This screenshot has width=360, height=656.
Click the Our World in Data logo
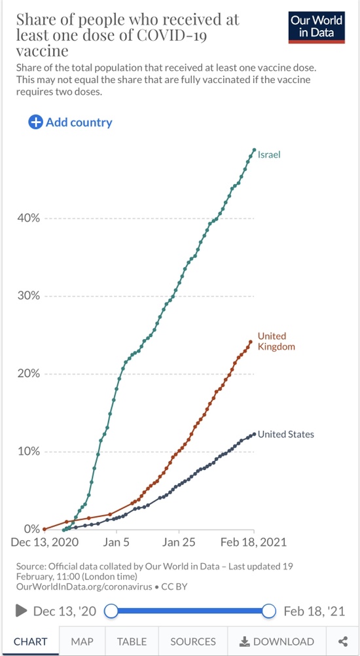(317, 27)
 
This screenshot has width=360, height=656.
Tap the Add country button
(70, 122)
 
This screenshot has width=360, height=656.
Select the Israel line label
(269, 155)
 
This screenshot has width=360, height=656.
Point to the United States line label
(285, 434)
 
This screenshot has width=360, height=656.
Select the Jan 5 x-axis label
(117, 542)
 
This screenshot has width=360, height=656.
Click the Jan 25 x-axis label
(179, 542)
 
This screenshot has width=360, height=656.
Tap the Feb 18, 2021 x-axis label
(254, 542)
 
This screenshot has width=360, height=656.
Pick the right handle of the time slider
(269, 611)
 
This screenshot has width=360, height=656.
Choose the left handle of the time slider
(111, 611)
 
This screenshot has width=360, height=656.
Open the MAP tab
(82, 642)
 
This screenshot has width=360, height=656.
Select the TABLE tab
(132, 642)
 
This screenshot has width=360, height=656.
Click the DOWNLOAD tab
(277, 642)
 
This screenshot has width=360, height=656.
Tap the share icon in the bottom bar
(343, 642)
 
